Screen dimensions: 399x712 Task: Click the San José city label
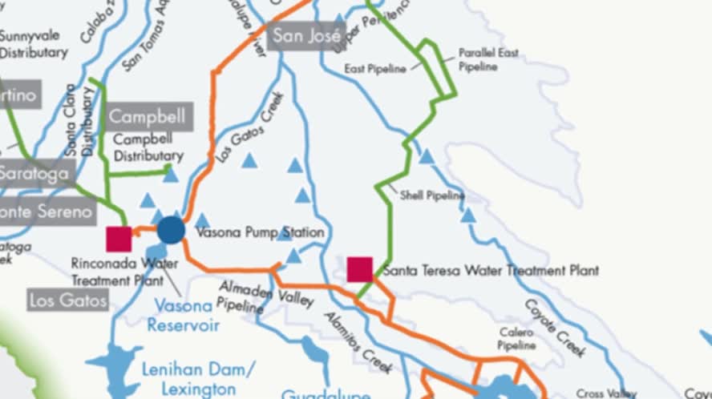pos(308,36)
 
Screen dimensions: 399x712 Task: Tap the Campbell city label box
pos(147,116)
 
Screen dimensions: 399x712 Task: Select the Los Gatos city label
pos(68,300)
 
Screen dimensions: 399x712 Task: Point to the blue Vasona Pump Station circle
pos(171,230)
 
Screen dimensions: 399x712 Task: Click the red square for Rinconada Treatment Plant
pos(119,239)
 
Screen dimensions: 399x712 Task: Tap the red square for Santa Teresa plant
pos(359,269)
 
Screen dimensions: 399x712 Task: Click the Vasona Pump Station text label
pos(260,232)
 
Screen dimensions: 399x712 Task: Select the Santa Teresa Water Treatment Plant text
pos(490,271)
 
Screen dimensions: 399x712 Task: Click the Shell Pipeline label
pos(432,195)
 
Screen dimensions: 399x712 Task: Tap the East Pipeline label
pos(375,69)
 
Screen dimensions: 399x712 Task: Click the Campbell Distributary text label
pos(148,147)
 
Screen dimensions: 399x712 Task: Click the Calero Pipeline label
pos(516,338)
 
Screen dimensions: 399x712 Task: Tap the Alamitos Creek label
pos(358,341)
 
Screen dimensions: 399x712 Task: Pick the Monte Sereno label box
pos(47,212)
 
